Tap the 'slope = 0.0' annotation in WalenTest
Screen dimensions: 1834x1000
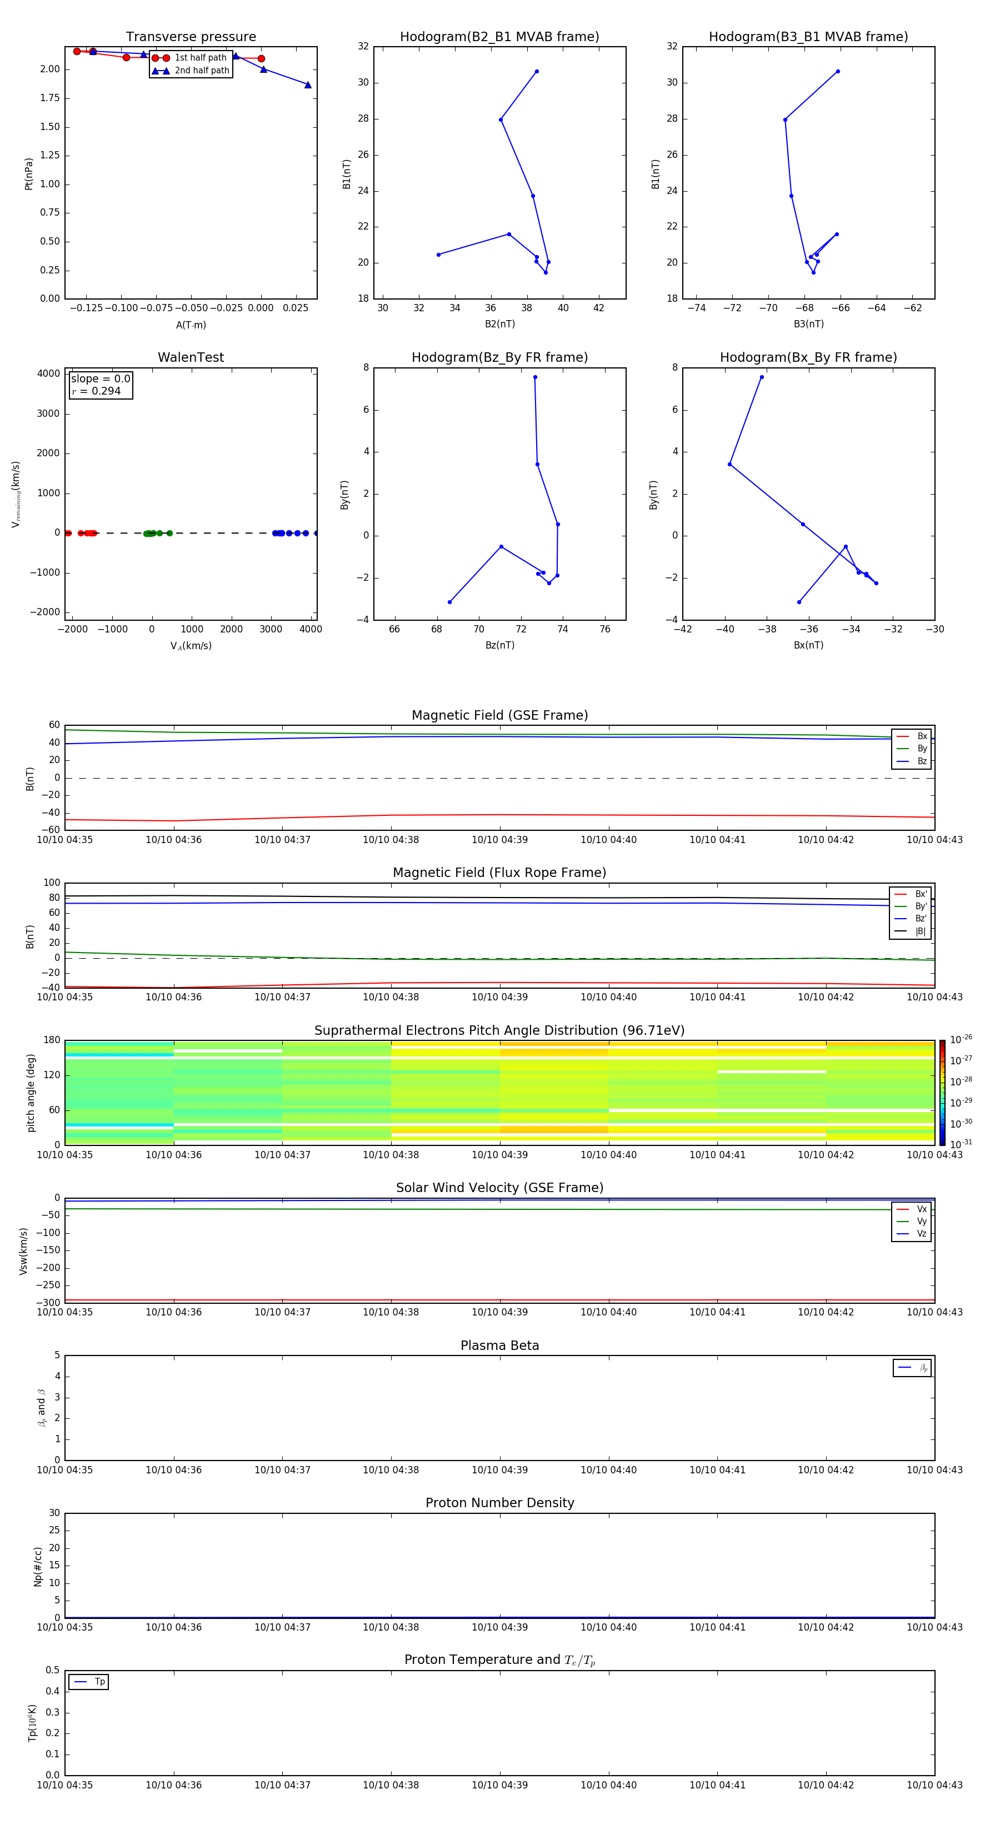[x=101, y=379]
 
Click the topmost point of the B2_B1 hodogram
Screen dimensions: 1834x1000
[x=537, y=71]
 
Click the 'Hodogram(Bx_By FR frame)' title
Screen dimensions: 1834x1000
[x=808, y=357]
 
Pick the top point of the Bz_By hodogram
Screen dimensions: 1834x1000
[x=535, y=377]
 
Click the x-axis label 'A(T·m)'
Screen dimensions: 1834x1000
[x=191, y=325]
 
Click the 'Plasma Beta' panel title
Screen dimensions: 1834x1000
[x=499, y=1345]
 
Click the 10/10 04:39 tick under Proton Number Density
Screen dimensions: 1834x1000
[x=499, y=1627]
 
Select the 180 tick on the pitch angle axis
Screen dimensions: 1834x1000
[x=52, y=1040]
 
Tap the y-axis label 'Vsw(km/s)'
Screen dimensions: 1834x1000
[x=23, y=1251]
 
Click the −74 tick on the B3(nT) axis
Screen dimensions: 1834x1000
[x=696, y=308]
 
